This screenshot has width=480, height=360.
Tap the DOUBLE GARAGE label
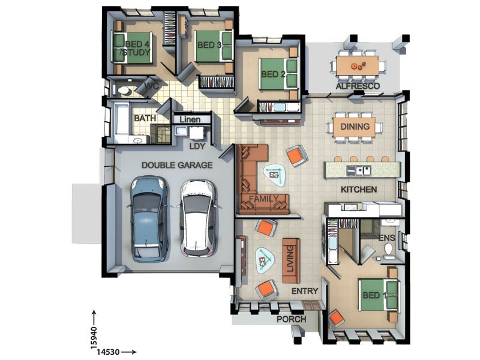[x=177, y=166]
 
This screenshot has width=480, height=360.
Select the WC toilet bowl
[x=124, y=91]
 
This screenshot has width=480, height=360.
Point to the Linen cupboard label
[x=190, y=119]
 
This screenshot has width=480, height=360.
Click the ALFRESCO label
[x=358, y=86]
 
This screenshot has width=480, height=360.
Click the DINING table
[x=354, y=127]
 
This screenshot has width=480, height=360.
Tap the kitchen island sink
[x=359, y=170]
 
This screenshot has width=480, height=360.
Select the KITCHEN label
[x=359, y=190]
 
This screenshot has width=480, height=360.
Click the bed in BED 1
[x=379, y=295]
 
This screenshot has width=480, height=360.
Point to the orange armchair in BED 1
[x=336, y=319]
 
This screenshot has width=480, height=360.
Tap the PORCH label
[x=292, y=319]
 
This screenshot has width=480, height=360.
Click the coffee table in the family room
[x=274, y=176]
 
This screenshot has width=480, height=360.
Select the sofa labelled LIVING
[x=291, y=261]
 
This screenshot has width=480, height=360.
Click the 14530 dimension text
[x=108, y=352]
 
